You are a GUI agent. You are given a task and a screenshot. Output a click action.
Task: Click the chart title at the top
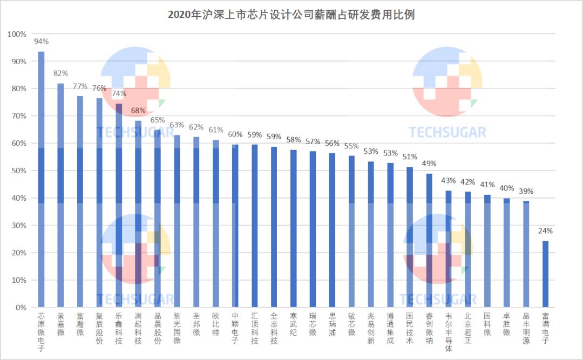click(291, 15)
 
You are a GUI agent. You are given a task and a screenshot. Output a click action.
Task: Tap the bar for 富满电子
click(545, 274)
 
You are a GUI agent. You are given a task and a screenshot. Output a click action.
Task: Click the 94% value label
click(41, 42)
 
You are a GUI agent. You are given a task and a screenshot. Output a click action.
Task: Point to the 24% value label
click(545, 231)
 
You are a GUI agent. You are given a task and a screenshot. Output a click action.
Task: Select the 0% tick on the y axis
click(19, 308)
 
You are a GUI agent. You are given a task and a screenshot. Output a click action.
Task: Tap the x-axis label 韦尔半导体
click(448, 332)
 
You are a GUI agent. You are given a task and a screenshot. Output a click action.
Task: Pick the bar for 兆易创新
click(371, 234)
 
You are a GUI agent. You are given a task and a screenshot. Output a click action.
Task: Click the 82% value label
click(60, 73)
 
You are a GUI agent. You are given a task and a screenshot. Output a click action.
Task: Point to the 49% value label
click(429, 164)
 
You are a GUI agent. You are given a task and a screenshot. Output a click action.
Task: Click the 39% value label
click(526, 191)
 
